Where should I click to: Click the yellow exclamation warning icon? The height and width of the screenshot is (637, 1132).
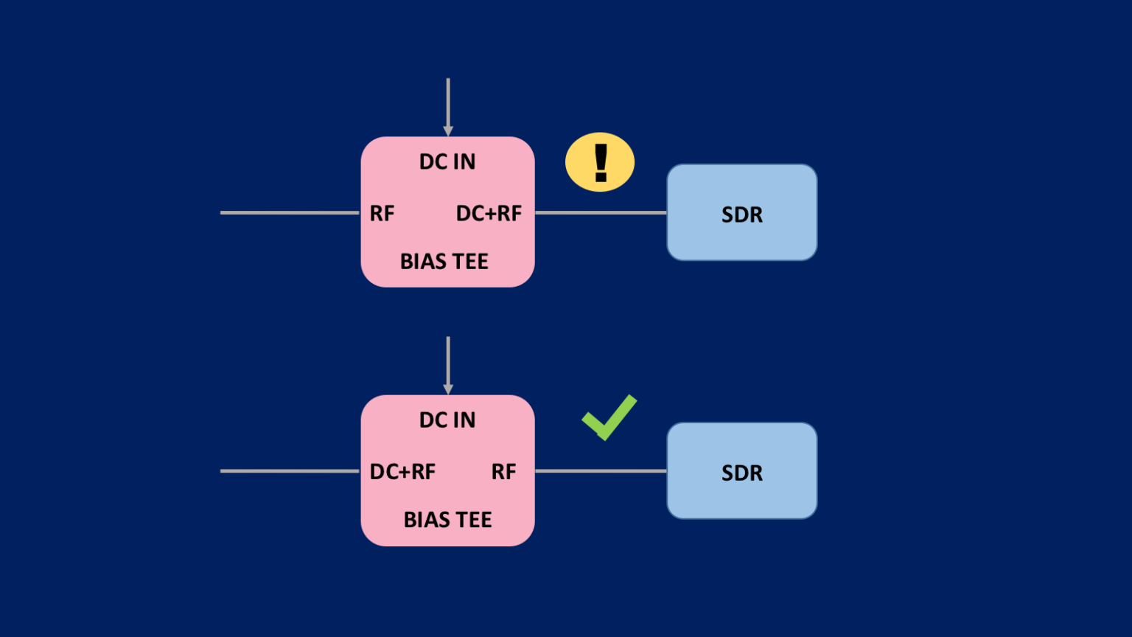point(599,162)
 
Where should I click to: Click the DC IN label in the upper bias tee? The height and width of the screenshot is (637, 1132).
point(447,161)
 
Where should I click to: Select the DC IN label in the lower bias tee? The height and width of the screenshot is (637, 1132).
point(447,420)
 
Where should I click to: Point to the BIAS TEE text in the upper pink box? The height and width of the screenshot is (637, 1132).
point(444,261)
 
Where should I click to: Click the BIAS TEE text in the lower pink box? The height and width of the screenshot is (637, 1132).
point(447,519)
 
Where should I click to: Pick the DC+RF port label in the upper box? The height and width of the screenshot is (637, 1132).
point(489,213)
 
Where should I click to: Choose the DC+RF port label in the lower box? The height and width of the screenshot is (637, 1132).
point(402,471)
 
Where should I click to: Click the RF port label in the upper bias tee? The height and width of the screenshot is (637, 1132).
point(382,213)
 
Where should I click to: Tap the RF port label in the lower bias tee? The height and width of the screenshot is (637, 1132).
point(503,471)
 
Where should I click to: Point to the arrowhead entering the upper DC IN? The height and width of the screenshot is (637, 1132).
point(448,130)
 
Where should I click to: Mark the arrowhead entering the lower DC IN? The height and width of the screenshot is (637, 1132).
point(448,389)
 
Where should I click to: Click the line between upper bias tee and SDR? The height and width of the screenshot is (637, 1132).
point(601,212)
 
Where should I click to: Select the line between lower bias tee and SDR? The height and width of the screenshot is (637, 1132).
point(601,470)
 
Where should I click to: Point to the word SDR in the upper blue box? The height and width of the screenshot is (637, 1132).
point(742,215)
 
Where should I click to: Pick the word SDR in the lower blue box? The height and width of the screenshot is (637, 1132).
point(742,473)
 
